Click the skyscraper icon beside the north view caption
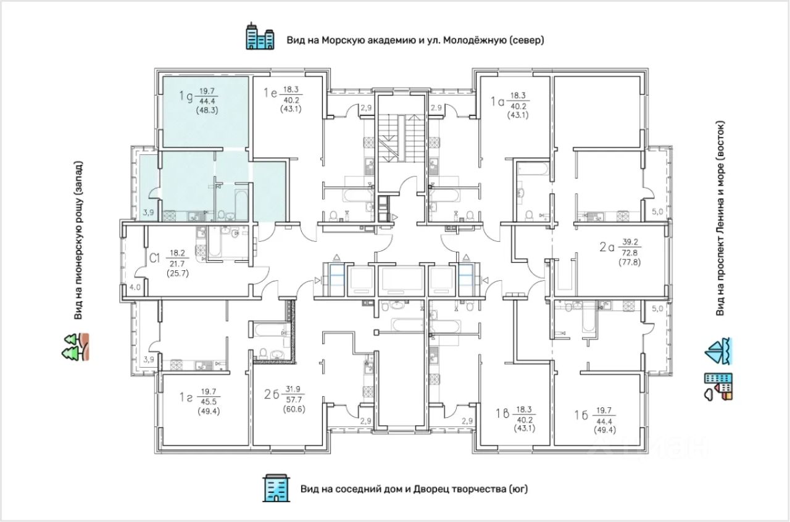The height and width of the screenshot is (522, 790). pos(260,36)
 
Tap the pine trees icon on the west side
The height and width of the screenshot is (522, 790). pos(75,347)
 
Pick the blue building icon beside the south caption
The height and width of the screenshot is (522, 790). pos(276,488)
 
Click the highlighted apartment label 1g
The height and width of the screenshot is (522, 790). pos(186,96)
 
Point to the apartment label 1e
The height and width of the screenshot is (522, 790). pos(270,93)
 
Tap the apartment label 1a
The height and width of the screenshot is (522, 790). pos(497,102)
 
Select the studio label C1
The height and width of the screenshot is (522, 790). pos(154,258)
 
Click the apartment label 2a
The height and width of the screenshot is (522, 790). pos(607,247)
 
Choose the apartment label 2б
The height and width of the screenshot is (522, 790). pos(272,394)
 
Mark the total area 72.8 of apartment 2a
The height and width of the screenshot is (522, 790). pos(630,253)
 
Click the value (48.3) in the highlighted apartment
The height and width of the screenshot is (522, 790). pos(207,110)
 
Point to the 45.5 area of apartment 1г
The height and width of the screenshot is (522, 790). pos(209,402)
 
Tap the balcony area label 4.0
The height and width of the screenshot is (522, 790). pos(135,287)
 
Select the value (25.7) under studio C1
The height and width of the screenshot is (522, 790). pos(178,273)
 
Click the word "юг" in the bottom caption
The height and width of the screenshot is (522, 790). pos(518,489)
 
